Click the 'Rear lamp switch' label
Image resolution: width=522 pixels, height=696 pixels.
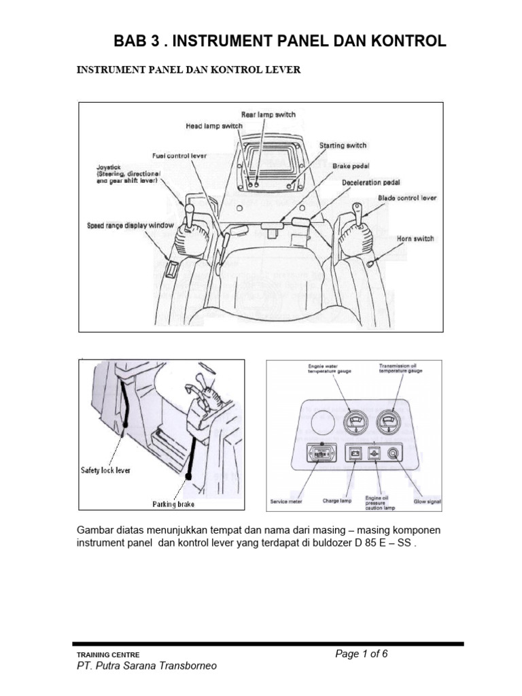click(268, 115)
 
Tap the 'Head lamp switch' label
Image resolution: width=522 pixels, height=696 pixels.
click(213, 126)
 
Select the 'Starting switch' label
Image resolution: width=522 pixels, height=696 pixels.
click(343, 145)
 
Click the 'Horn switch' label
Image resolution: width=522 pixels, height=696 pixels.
click(415, 239)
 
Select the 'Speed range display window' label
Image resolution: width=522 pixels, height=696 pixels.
click(130, 225)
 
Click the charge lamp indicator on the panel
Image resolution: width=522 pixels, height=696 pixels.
click(353, 453)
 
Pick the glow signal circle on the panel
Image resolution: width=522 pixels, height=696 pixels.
click(393, 453)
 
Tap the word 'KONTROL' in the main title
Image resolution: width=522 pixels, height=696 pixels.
click(405, 41)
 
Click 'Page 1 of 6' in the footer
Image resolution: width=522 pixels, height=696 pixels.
click(362, 654)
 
